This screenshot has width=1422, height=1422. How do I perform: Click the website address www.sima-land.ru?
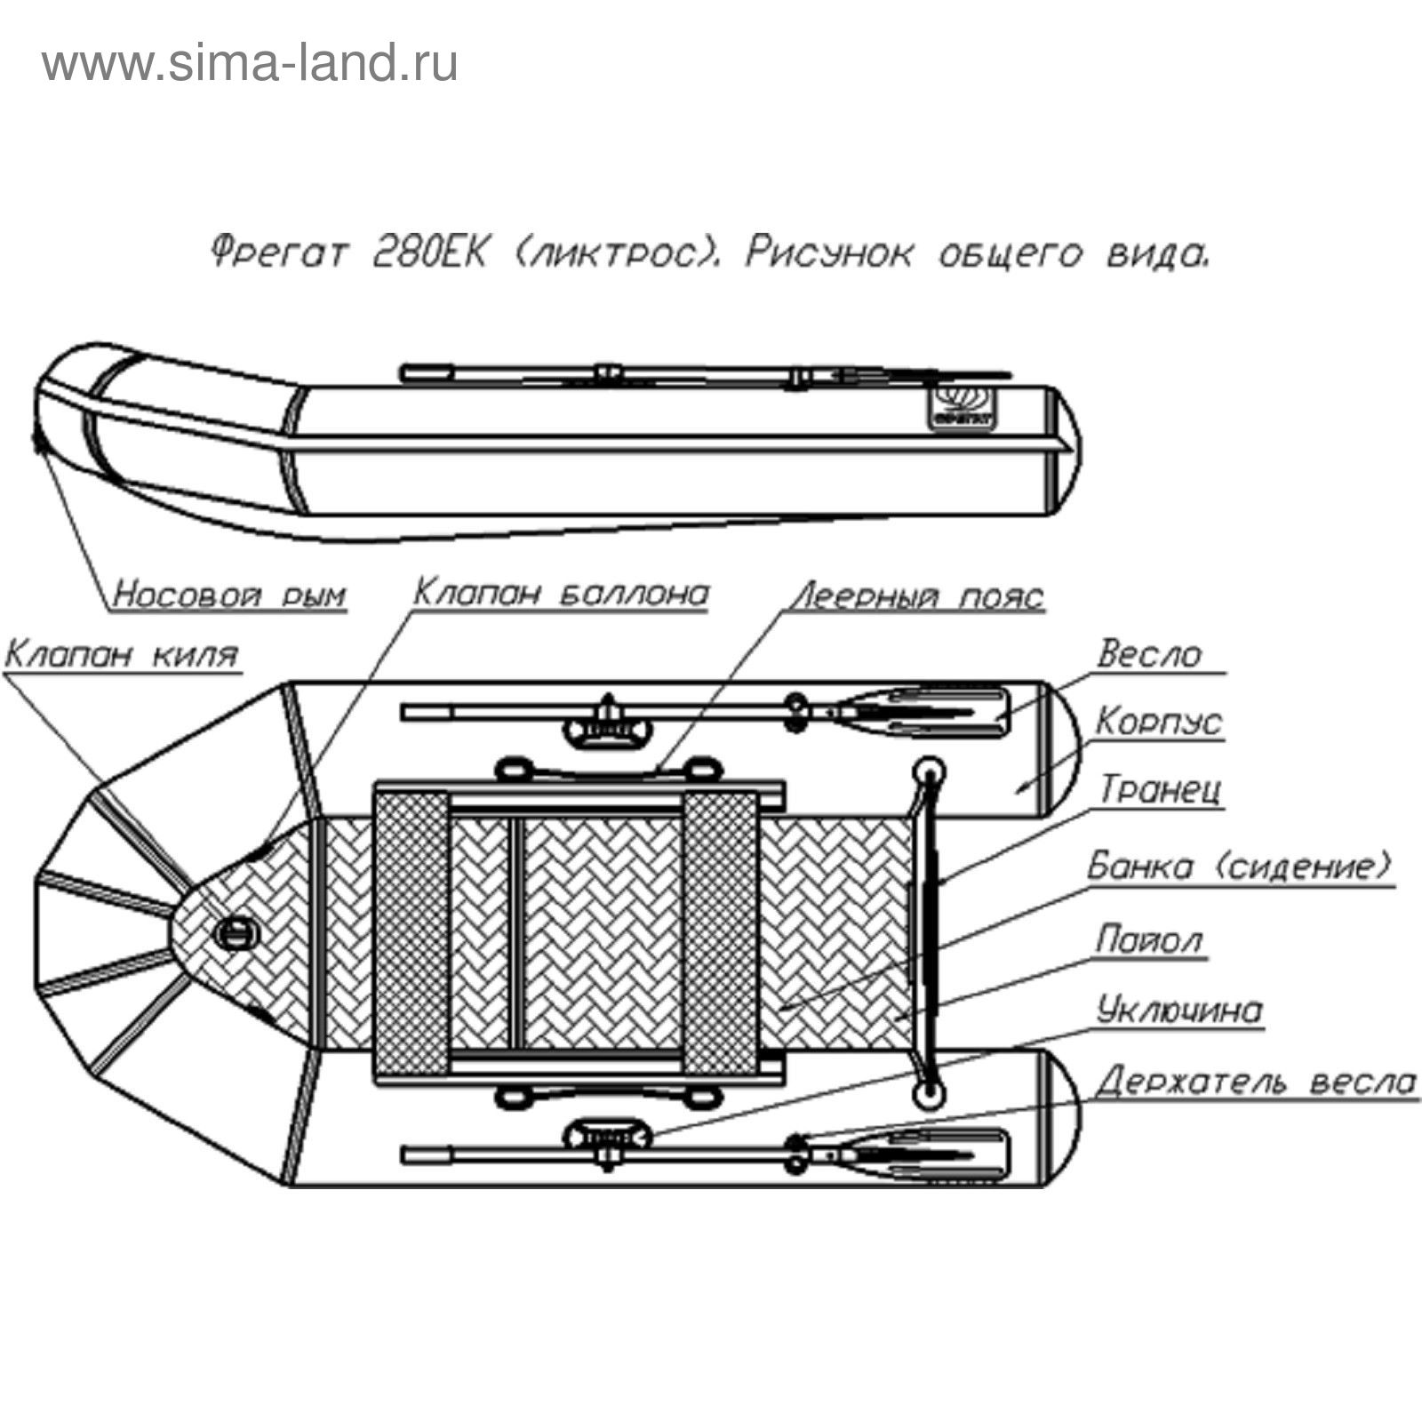[x=250, y=64]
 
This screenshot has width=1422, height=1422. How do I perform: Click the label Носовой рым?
[x=229, y=594]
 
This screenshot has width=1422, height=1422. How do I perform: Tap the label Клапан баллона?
[x=562, y=592]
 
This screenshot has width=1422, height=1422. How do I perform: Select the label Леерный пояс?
[x=918, y=595]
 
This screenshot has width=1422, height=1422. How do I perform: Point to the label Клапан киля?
[x=122, y=655]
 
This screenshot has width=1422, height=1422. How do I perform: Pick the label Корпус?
[x=1158, y=722]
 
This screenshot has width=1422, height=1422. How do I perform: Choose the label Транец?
[x=1161, y=789]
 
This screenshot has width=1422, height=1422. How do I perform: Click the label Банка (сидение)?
[x=1239, y=866]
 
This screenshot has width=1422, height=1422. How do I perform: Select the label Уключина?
[x=1179, y=1011]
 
